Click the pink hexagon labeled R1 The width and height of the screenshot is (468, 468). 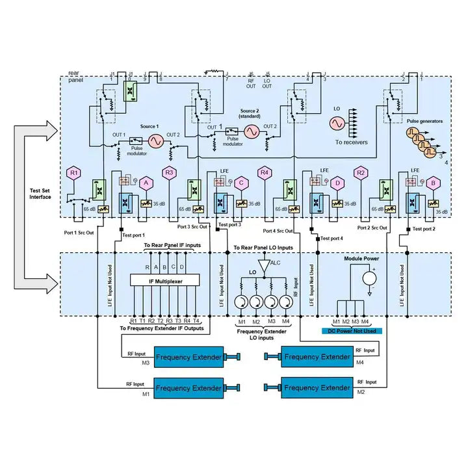point(75,173)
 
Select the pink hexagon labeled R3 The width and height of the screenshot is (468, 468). point(169,173)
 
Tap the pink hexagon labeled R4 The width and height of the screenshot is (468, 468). point(264,173)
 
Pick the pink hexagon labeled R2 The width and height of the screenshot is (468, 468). point(360,173)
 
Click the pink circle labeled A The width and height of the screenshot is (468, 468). point(146,184)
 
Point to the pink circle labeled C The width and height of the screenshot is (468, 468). point(241,184)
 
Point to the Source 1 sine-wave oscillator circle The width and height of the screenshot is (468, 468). point(156,140)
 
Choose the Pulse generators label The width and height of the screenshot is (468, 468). point(425,121)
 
